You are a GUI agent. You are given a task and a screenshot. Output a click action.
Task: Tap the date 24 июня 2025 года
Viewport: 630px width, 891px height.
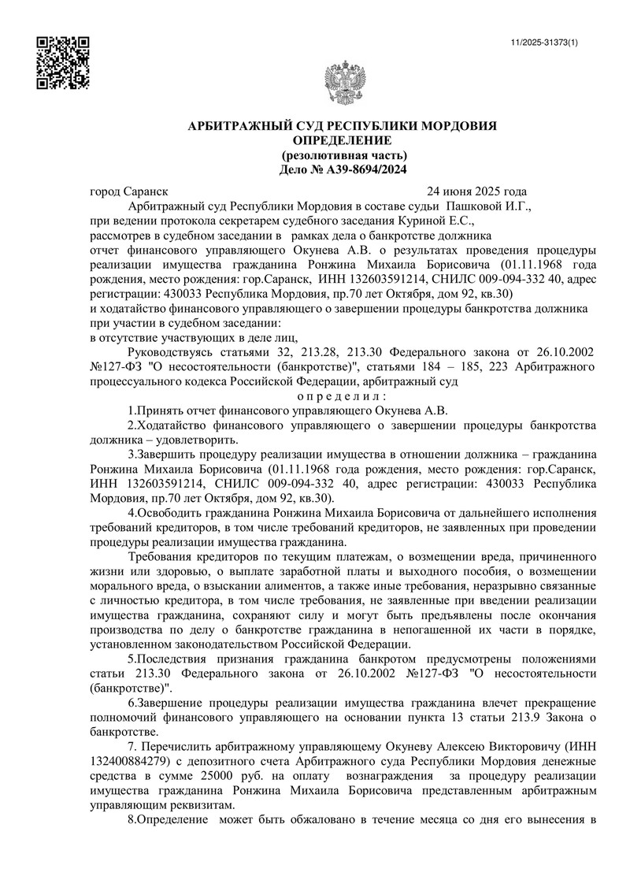476,191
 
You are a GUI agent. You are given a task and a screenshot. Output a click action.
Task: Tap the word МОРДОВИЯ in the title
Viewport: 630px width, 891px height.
458,126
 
